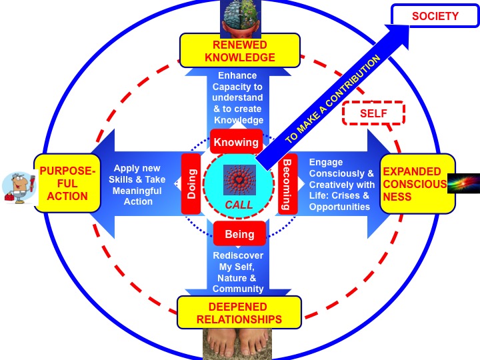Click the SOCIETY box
point(435,16)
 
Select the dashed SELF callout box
point(373,113)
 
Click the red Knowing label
point(236,142)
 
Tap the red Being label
point(239,234)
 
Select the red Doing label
point(191,183)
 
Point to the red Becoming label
point(288,185)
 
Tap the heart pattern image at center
point(239,179)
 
